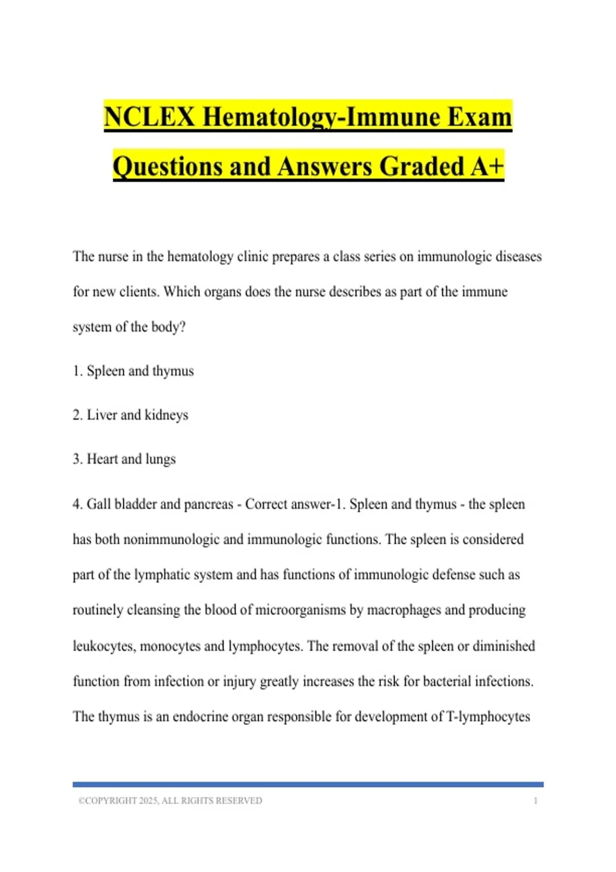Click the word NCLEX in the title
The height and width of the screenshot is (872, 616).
pyautogui.click(x=149, y=117)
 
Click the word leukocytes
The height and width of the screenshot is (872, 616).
pyautogui.click(x=104, y=646)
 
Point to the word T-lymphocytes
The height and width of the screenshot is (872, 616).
pyautogui.click(x=488, y=717)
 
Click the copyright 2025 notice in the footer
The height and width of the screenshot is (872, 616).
pyautogui.click(x=170, y=801)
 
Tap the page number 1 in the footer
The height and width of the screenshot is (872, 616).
pyautogui.click(x=535, y=801)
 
